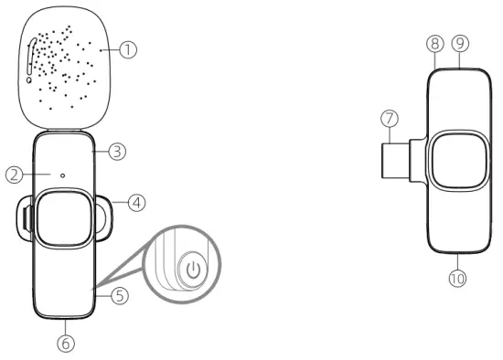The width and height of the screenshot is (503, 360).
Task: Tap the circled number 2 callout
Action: point(13,174)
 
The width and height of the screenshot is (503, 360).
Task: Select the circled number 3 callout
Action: point(116,152)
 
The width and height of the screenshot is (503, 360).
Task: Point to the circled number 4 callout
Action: point(136,203)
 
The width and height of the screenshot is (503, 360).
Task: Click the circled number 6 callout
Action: point(65,343)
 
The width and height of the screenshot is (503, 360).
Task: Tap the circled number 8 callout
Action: point(435,43)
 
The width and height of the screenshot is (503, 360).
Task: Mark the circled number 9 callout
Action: point(459,43)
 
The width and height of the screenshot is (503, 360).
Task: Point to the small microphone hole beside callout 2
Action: point(61,175)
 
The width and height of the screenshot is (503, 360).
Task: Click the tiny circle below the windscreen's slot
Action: point(30,79)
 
